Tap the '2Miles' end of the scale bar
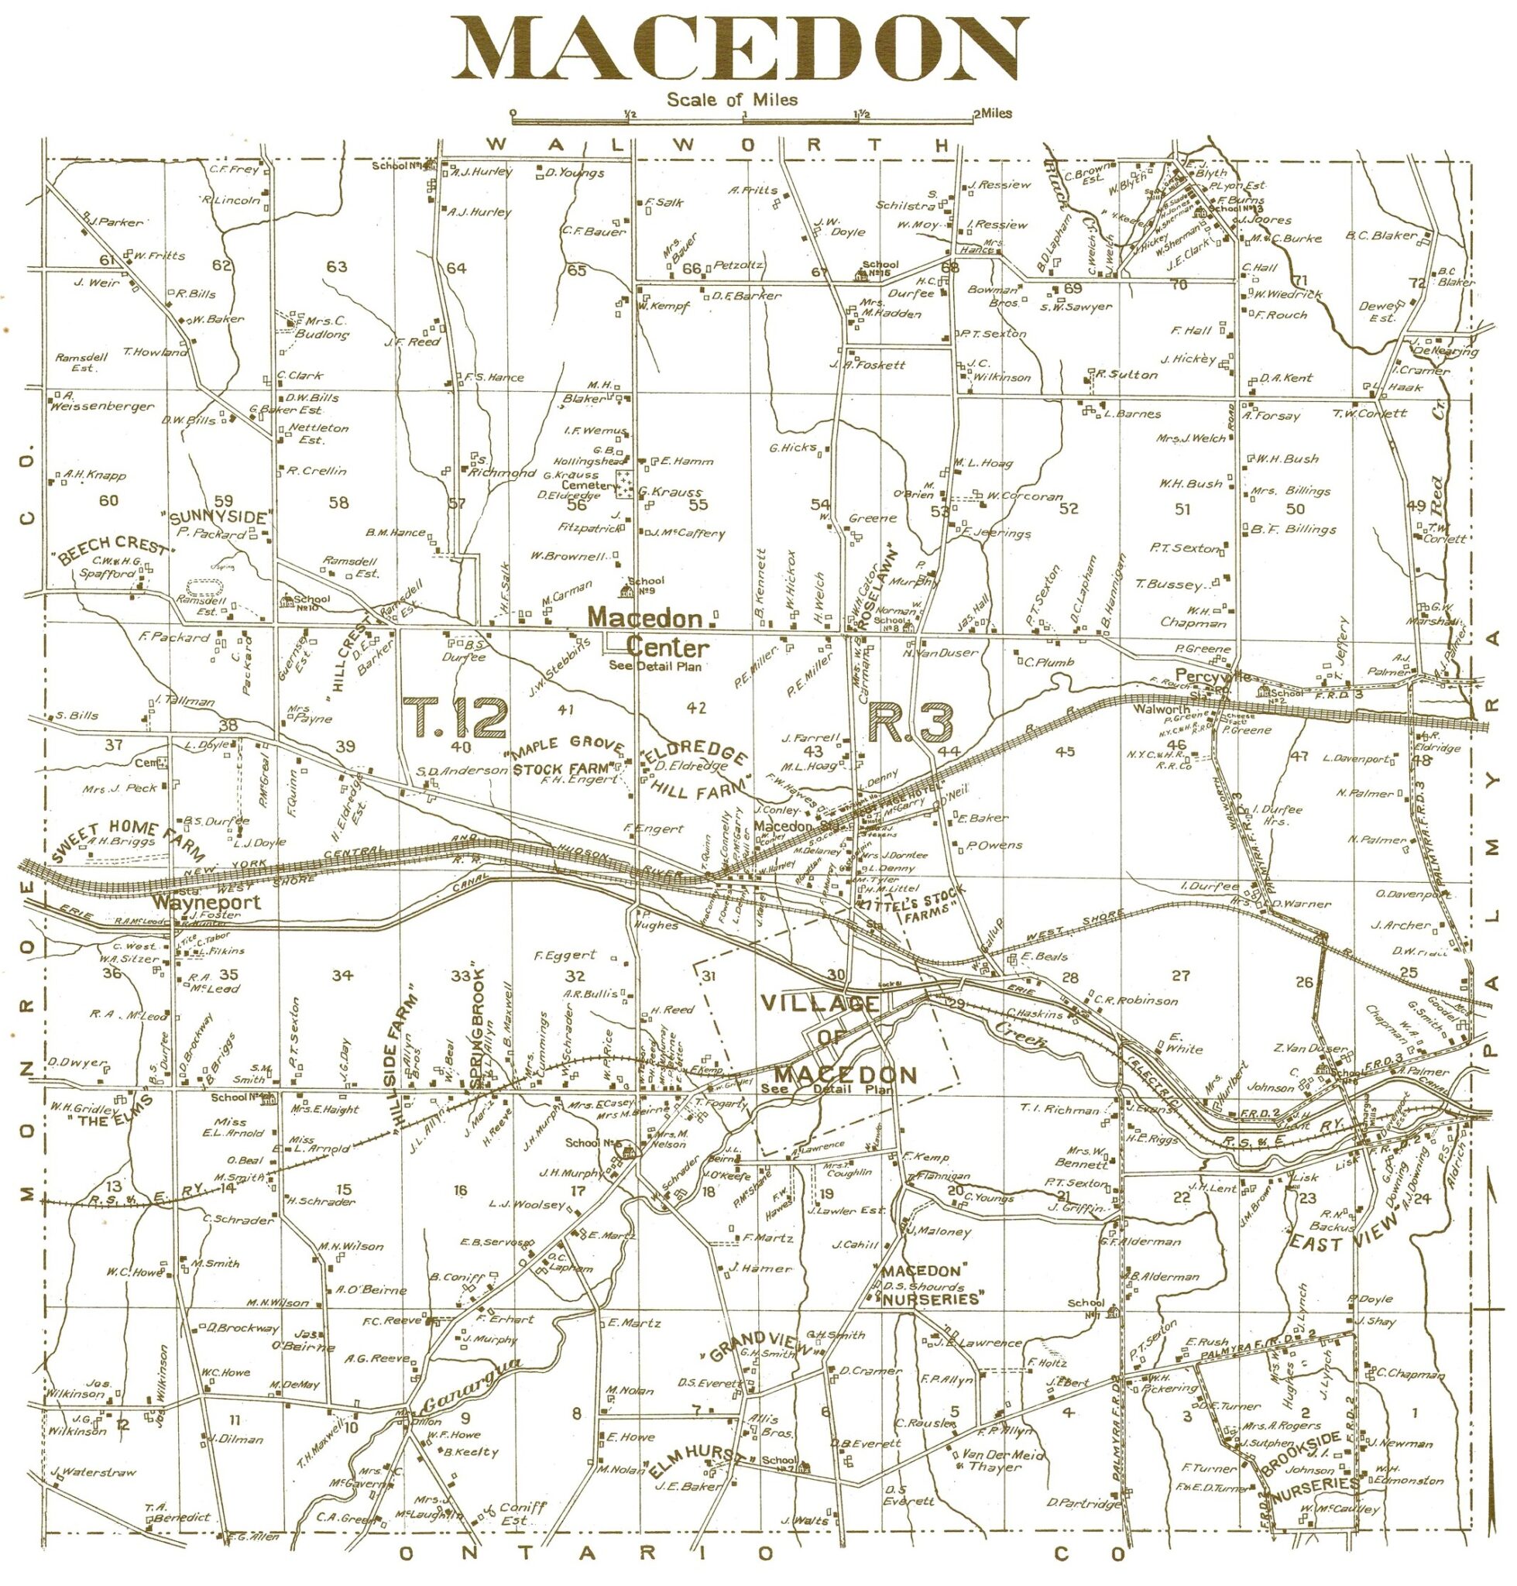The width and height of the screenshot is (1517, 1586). coord(991,114)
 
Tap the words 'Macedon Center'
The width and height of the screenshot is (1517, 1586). coord(651,633)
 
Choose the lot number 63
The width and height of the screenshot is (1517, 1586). coord(336,266)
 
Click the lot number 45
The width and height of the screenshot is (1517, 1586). coord(1065,751)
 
